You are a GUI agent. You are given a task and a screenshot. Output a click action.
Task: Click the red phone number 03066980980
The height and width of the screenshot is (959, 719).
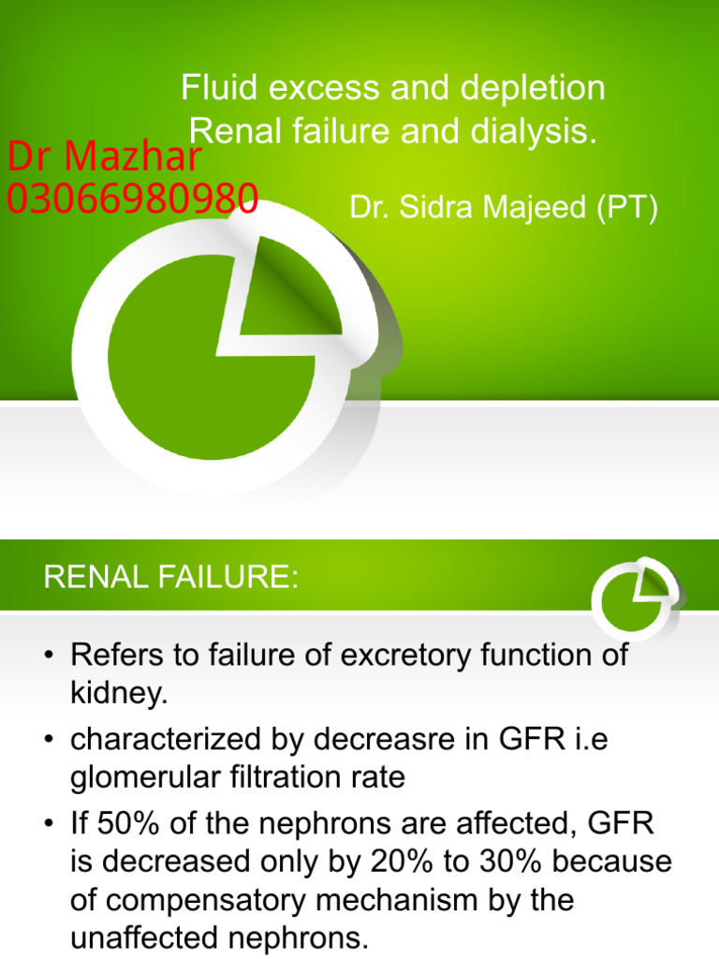(x=132, y=199)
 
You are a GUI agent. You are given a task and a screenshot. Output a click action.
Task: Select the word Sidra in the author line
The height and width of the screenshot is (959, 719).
(x=441, y=208)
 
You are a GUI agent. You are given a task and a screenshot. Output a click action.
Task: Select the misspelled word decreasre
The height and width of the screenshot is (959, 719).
(x=365, y=739)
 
